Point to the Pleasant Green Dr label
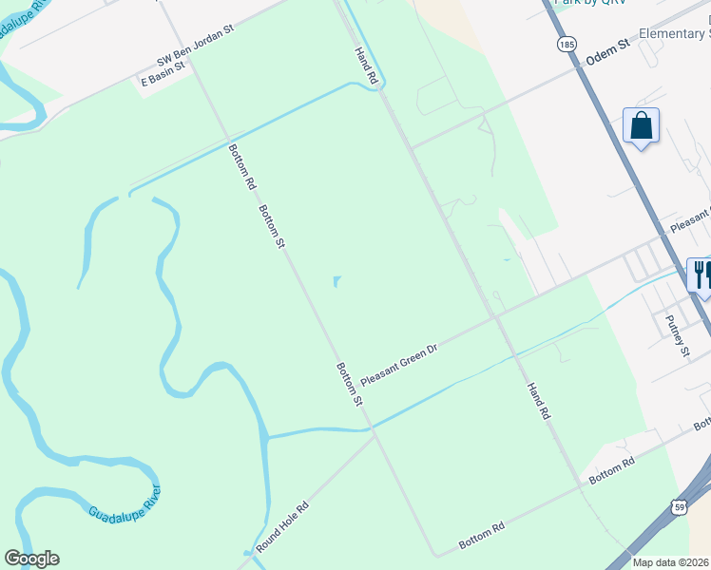coord(398,365)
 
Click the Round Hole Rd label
coord(283,527)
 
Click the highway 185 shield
coord(567,44)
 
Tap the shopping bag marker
coord(641,125)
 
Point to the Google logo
coord(31,559)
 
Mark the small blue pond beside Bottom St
coord(337,281)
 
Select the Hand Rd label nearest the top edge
coord(366,67)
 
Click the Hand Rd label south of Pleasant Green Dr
coord(538,402)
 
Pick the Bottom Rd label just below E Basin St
coord(242,164)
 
